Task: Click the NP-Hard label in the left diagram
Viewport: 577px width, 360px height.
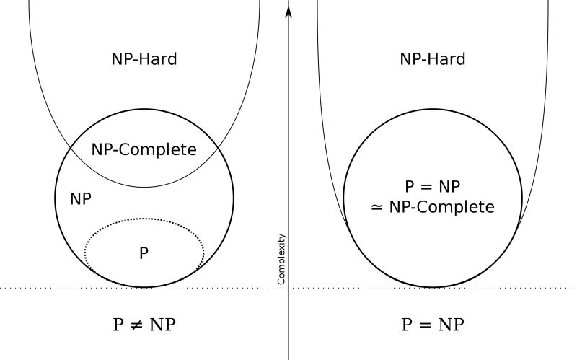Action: [144, 58]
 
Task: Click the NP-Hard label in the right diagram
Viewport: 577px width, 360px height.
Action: [433, 58]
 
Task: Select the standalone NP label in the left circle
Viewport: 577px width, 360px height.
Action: [81, 198]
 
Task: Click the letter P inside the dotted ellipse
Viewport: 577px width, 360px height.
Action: [144, 253]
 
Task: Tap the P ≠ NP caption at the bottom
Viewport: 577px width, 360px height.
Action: [144, 325]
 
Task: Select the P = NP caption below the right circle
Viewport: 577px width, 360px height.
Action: [433, 325]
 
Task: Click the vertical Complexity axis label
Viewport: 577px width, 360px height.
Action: [282, 258]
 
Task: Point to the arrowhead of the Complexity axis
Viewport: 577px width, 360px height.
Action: [288, 10]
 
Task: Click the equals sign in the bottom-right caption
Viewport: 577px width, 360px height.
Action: [426, 325]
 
